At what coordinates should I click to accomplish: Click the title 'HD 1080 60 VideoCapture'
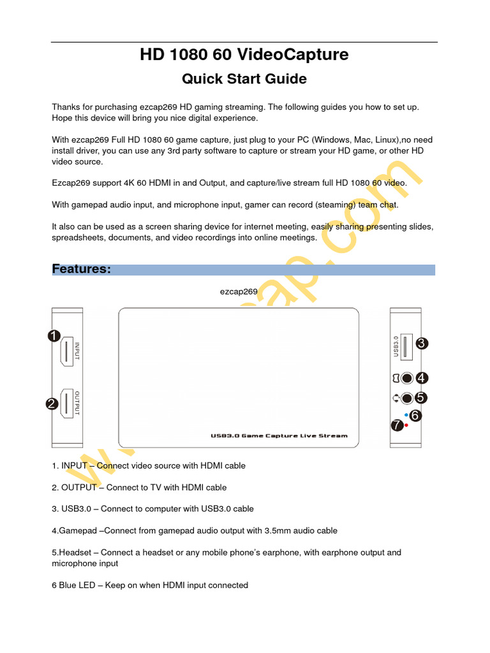click(x=244, y=55)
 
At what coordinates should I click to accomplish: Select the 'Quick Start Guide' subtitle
click(x=244, y=79)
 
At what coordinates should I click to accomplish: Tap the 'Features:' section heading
click(x=82, y=269)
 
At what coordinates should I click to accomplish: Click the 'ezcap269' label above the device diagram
click(x=239, y=291)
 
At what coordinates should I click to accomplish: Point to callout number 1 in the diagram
click(x=54, y=336)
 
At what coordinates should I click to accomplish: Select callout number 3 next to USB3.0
click(x=421, y=344)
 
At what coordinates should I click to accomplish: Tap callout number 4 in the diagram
click(x=421, y=378)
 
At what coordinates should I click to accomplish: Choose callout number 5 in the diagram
click(x=420, y=397)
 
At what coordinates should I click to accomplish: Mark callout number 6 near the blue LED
click(x=415, y=415)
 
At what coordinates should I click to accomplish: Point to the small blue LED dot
click(x=406, y=415)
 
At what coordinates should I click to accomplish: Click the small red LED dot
click(x=406, y=425)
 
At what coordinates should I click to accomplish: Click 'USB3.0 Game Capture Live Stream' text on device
click(x=279, y=436)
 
